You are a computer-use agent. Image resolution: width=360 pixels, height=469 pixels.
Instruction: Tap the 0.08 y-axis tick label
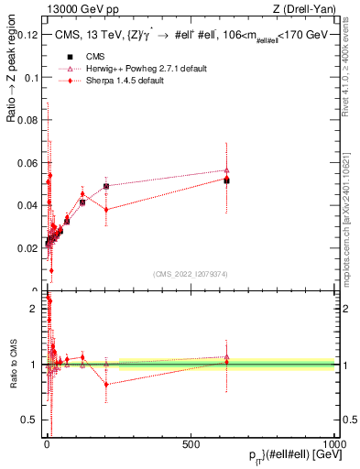[x=26, y=121]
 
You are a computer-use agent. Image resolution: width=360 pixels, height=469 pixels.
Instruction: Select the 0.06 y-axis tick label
[x=26, y=163]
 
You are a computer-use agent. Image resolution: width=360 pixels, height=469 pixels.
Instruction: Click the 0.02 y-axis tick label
[x=26, y=248]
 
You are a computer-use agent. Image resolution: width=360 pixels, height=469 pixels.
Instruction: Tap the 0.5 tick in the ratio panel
[x=29, y=420]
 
